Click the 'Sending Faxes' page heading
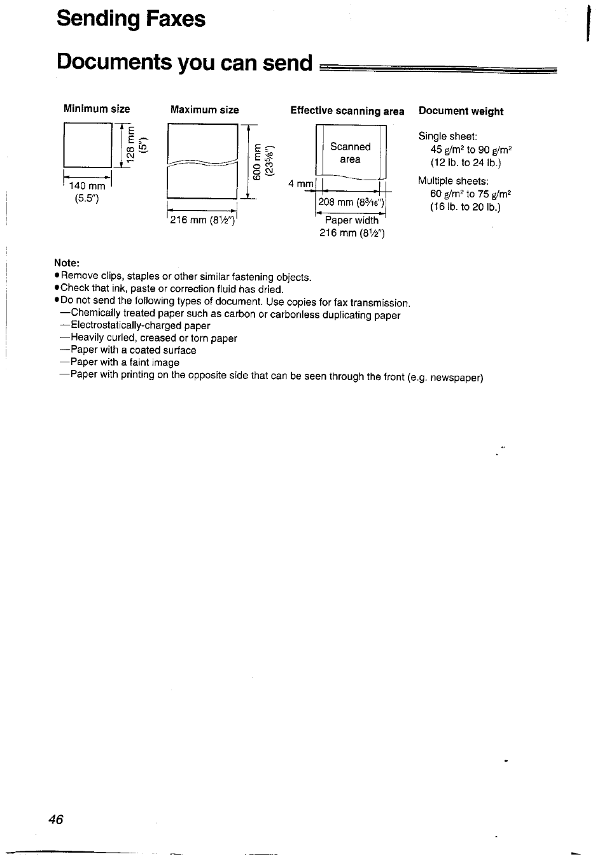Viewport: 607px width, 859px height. pyautogui.click(x=130, y=19)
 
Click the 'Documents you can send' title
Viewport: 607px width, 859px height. pyautogui.click(x=185, y=62)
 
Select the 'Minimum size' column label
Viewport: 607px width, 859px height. pyautogui.click(x=96, y=109)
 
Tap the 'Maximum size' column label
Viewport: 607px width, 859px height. pyautogui.click(x=204, y=110)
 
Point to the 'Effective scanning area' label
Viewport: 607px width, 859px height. pyautogui.click(x=347, y=111)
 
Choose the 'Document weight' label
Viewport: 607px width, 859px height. pyautogui.click(x=461, y=111)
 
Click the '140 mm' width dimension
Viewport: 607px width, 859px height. pyautogui.click(x=87, y=186)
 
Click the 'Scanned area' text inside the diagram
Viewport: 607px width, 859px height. pyautogui.click(x=350, y=153)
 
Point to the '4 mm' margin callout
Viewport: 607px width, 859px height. pyautogui.click(x=300, y=183)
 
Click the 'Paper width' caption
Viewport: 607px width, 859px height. pyautogui.click(x=351, y=220)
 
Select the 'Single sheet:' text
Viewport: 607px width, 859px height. pyautogui.click(x=447, y=136)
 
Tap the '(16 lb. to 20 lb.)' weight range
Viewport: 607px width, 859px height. pyautogui.click(x=465, y=207)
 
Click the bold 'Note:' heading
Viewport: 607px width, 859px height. pyautogui.click(x=66, y=262)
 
